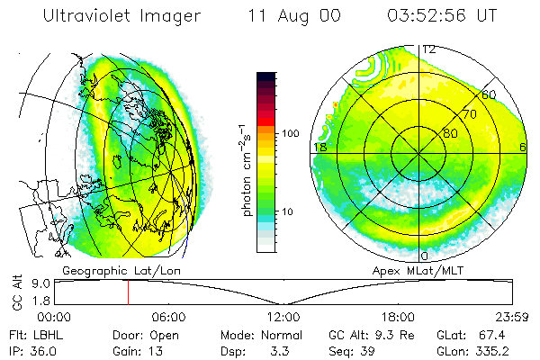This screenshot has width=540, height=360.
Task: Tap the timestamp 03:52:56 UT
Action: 441,15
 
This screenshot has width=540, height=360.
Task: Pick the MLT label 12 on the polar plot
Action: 429,49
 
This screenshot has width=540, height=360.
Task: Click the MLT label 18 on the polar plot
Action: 319,147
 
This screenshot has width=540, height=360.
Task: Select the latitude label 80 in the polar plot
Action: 450,133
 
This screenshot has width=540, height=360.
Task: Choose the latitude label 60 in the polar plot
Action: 489,94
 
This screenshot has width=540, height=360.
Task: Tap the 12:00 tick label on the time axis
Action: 283,317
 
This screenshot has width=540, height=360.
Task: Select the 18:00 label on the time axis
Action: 397,317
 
